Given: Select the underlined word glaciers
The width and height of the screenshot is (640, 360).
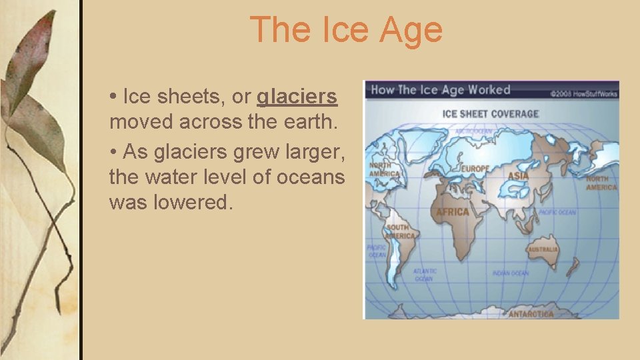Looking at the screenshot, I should (297, 97).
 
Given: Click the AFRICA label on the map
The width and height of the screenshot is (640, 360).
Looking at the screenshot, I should (453, 213).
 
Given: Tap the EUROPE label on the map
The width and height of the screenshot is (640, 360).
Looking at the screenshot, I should (475, 169).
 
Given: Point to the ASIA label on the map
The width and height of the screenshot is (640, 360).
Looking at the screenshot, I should (518, 176).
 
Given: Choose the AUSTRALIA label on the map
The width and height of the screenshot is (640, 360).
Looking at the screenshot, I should (543, 249).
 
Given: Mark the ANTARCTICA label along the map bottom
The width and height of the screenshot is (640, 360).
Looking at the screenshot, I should (531, 313).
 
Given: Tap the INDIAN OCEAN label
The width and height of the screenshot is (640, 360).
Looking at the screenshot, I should (511, 273).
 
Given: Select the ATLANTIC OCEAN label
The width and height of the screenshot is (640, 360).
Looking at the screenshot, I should (425, 275).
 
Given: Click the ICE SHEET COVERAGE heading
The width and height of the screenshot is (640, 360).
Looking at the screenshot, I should (490, 114).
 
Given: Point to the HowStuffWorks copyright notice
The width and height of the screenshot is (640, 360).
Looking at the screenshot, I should (584, 94).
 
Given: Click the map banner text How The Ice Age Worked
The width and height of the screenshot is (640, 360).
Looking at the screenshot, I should (440, 90).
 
